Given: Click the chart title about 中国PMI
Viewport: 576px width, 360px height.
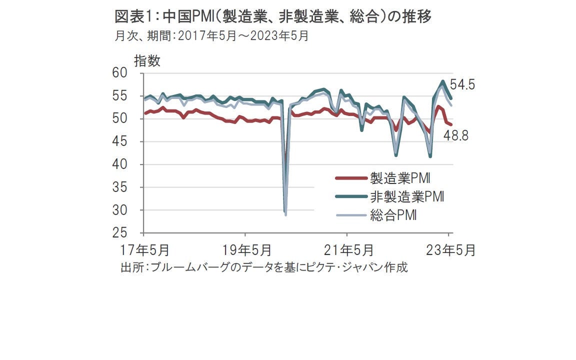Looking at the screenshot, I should [273, 16].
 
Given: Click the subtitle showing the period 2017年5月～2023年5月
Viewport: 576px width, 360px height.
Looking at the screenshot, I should [211, 36].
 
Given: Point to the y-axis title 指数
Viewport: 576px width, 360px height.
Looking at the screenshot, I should [147, 61].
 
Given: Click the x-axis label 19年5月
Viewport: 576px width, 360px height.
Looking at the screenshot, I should [245, 250].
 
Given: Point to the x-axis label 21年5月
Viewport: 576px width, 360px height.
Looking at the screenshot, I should [347, 250].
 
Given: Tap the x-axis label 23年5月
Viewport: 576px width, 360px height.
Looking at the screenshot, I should [449, 250].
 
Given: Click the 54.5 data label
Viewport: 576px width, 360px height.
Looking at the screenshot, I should [462, 85].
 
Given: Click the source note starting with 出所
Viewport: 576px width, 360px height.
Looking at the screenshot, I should [264, 267].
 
